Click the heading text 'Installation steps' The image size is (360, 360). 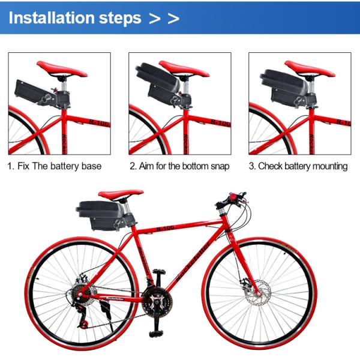(x=75, y=18)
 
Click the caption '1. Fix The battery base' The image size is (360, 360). (x=55, y=166)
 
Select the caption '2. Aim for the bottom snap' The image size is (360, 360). (x=179, y=166)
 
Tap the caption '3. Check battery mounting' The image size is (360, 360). (x=298, y=166)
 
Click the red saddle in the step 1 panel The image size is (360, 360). (x=62, y=68)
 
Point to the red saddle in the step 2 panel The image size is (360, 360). (x=184, y=68)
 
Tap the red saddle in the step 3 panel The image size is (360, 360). (x=310, y=68)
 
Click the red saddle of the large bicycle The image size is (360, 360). (x=121, y=194)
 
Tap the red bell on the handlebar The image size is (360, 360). (x=234, y=197)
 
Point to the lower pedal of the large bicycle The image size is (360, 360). (x=156, y=333)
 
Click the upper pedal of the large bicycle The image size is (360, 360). (x=158, y=272)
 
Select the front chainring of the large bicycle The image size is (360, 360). (x=157, y=301)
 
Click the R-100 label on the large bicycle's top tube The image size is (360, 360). (x=166, y=228)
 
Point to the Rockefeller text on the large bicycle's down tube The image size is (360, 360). (x=193, y=262)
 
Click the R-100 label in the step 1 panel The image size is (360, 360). (x=100, y=123)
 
